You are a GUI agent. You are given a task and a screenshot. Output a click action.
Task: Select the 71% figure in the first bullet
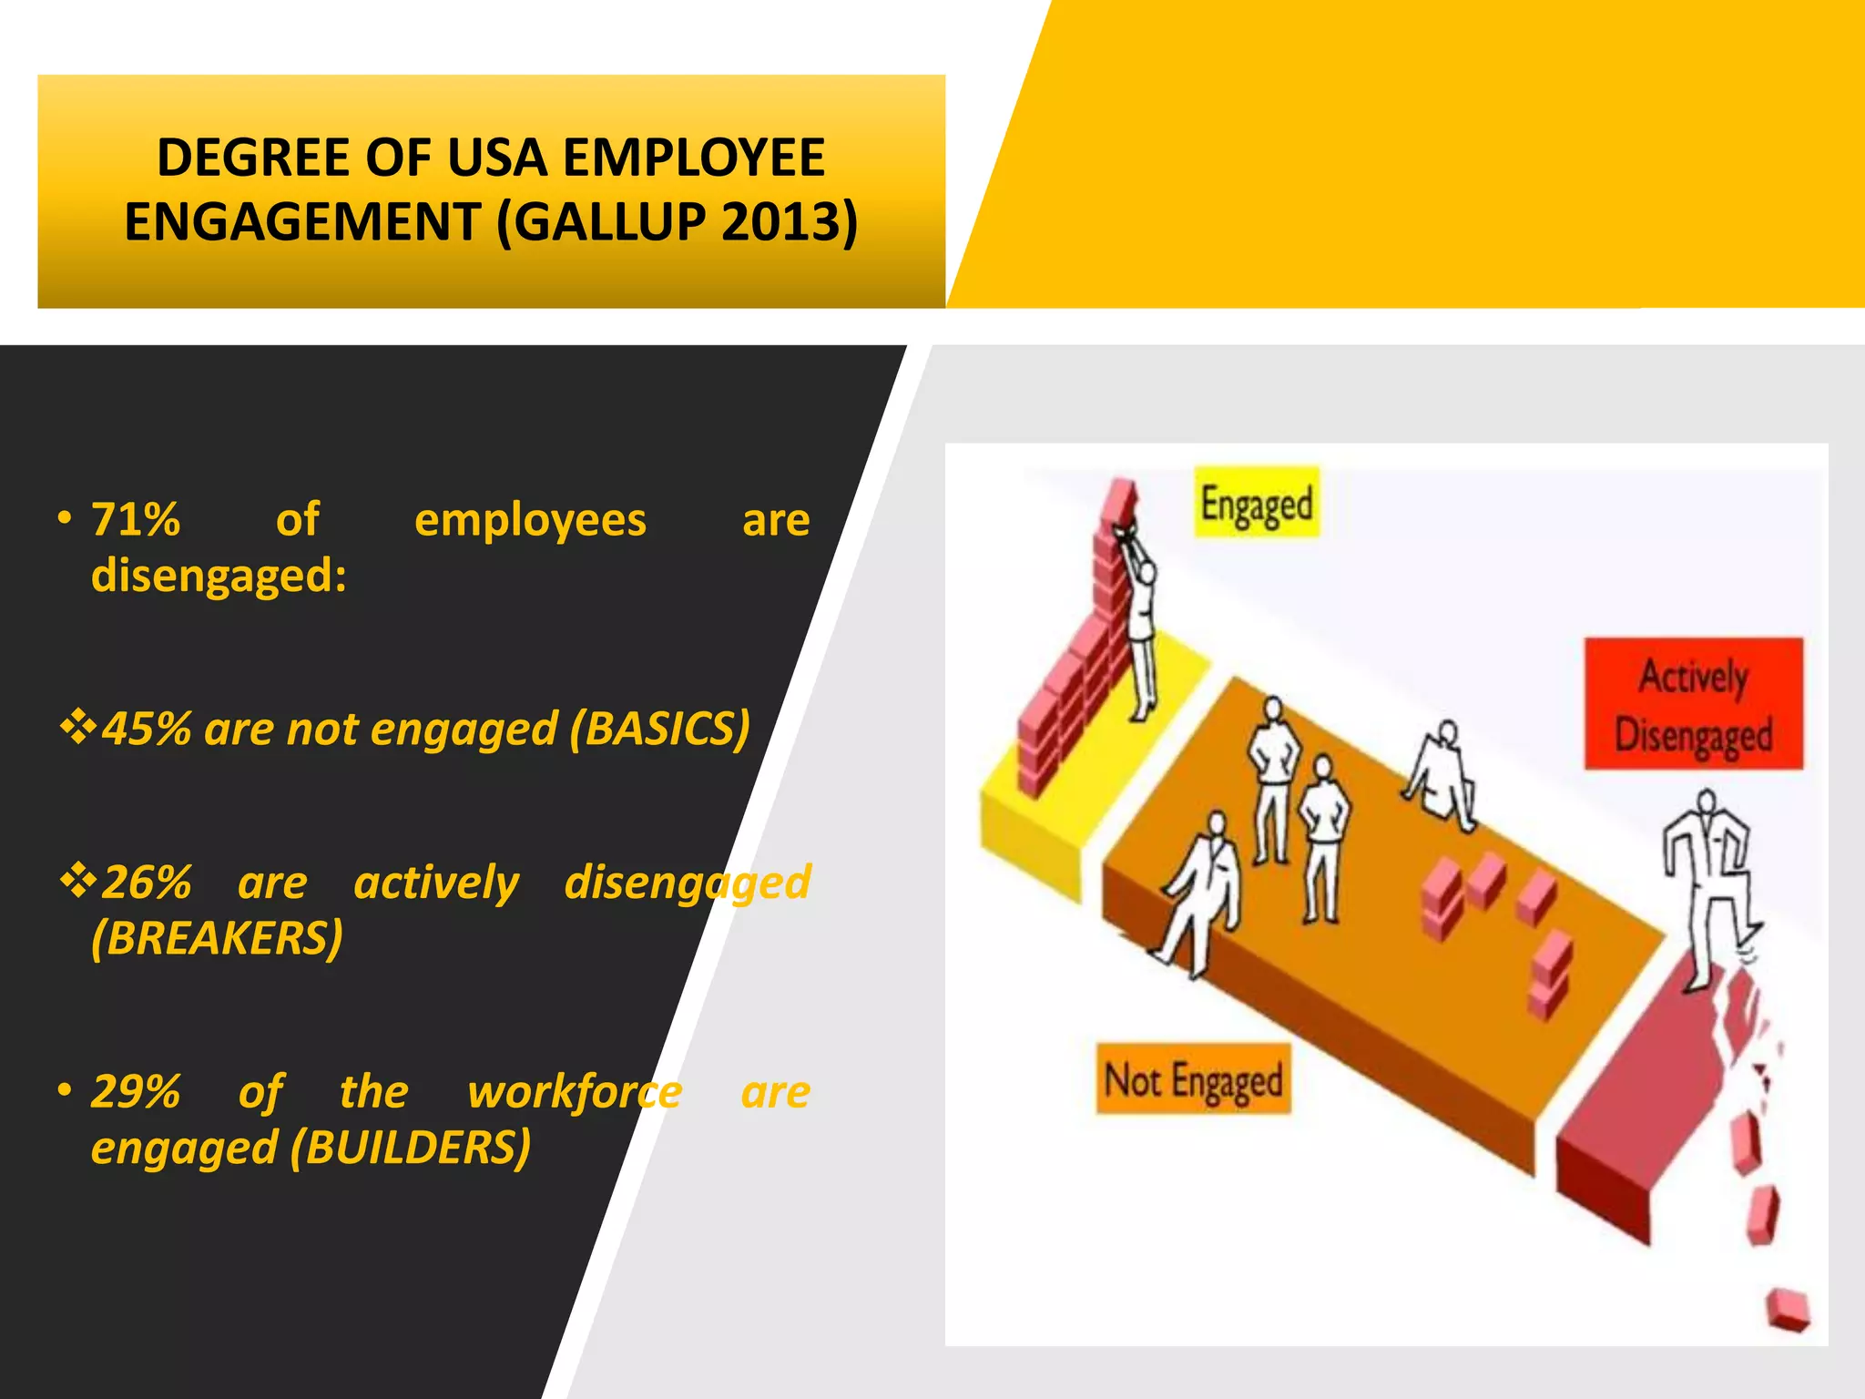point(136,520)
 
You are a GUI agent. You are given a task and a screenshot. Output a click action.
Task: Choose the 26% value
point(146,883)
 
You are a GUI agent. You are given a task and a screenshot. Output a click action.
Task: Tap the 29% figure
point(136,1091)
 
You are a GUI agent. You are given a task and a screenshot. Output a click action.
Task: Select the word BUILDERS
point(411,1147)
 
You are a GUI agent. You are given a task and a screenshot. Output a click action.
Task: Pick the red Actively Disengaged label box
point(1693,704)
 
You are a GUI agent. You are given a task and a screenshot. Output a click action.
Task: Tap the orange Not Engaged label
point(1193,1080)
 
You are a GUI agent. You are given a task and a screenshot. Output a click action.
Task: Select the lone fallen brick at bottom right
point(1788,1310)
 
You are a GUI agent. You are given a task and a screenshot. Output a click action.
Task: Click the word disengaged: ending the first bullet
point(219,576)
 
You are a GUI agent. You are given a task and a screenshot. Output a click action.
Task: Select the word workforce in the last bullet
point(574,1091)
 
